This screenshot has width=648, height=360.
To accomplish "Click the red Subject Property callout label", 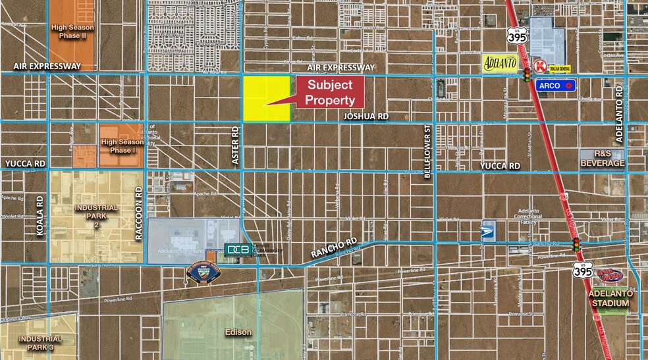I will (x=333, y=92).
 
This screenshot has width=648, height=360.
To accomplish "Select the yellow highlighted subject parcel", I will (x=267, y=99).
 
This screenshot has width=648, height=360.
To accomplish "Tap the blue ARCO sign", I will (x=556, y=85).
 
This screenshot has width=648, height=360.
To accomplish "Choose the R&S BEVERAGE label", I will (x=602, y=158).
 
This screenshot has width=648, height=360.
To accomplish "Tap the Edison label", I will (x=238, y=332).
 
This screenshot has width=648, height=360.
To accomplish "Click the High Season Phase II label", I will (x=72, y=32).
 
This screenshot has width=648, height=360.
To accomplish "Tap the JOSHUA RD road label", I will (x=367, y=116).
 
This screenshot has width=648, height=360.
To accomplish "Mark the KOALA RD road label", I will (x=40, y=215).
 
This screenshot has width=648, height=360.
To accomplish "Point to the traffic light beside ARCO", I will (x=527, y=75).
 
